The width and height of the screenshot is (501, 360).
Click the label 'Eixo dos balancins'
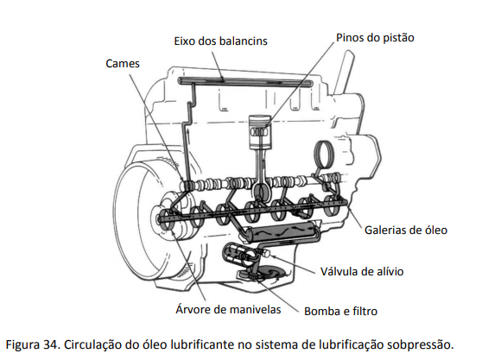click(x=220, y=41)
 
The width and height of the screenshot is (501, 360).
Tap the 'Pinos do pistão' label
click(x=375, y=38)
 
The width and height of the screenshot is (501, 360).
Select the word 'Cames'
click(x=123, y=64)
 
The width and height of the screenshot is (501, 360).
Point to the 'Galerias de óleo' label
click(x=406, y=231)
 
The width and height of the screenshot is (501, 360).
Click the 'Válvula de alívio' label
click(x=362, y=272)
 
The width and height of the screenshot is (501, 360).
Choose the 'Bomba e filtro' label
click(x=340, y=311)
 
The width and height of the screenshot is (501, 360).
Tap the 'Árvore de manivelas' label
click(x=228, y=309)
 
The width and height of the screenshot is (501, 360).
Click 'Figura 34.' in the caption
click(x=33, y=345)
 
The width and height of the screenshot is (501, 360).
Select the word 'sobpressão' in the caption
click(x=421, y=345)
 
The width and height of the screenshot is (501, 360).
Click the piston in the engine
click(x=260, y=131)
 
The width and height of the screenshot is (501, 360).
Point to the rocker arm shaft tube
click(x=245, y=82)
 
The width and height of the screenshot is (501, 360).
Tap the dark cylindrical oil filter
click(x=281, y=231)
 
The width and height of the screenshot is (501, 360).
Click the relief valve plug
click(x=266, y=254)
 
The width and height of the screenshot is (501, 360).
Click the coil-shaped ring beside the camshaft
click(x=324, y=155)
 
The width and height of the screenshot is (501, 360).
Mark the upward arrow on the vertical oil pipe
click(x=188, y=134)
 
